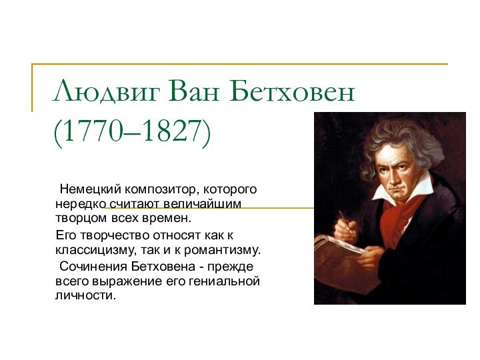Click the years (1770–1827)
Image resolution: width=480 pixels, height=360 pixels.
[132, 131]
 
